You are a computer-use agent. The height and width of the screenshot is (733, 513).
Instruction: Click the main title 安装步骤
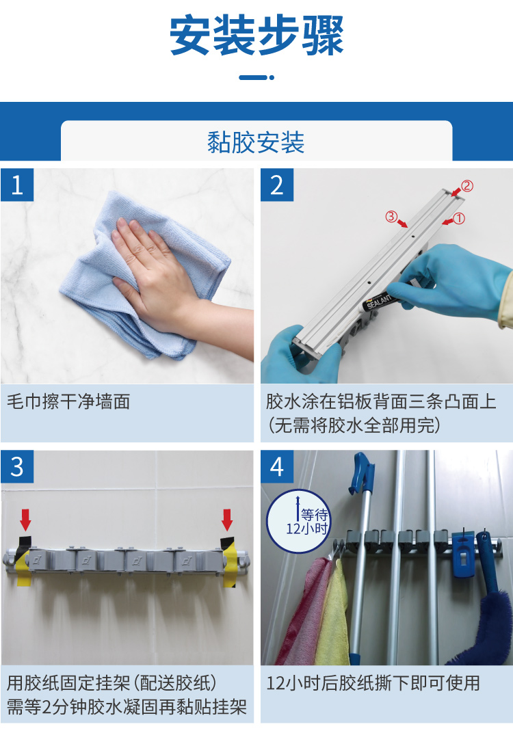pos(256,36)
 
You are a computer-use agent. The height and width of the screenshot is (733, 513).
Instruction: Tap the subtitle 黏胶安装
pos(256,143)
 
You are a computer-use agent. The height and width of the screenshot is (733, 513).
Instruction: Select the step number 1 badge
pos(17,185)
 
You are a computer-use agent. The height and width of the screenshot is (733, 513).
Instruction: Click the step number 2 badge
pos(277,185)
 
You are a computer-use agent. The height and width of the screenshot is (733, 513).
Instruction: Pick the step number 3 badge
pos(17,466)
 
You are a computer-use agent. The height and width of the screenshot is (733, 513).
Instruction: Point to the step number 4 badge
pos(277,466)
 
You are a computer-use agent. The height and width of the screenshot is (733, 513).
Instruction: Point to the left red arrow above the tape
pos(26,520)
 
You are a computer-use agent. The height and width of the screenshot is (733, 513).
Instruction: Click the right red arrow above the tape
pos(227,520)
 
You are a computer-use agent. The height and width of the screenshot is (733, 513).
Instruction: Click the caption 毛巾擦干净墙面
pos(68,401)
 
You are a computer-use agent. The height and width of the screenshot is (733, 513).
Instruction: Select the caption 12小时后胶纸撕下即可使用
pos(373,684)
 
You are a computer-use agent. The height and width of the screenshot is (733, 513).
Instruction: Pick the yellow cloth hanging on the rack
pos(333,613)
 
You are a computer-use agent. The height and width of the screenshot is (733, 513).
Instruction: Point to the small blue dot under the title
pos(272,77)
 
